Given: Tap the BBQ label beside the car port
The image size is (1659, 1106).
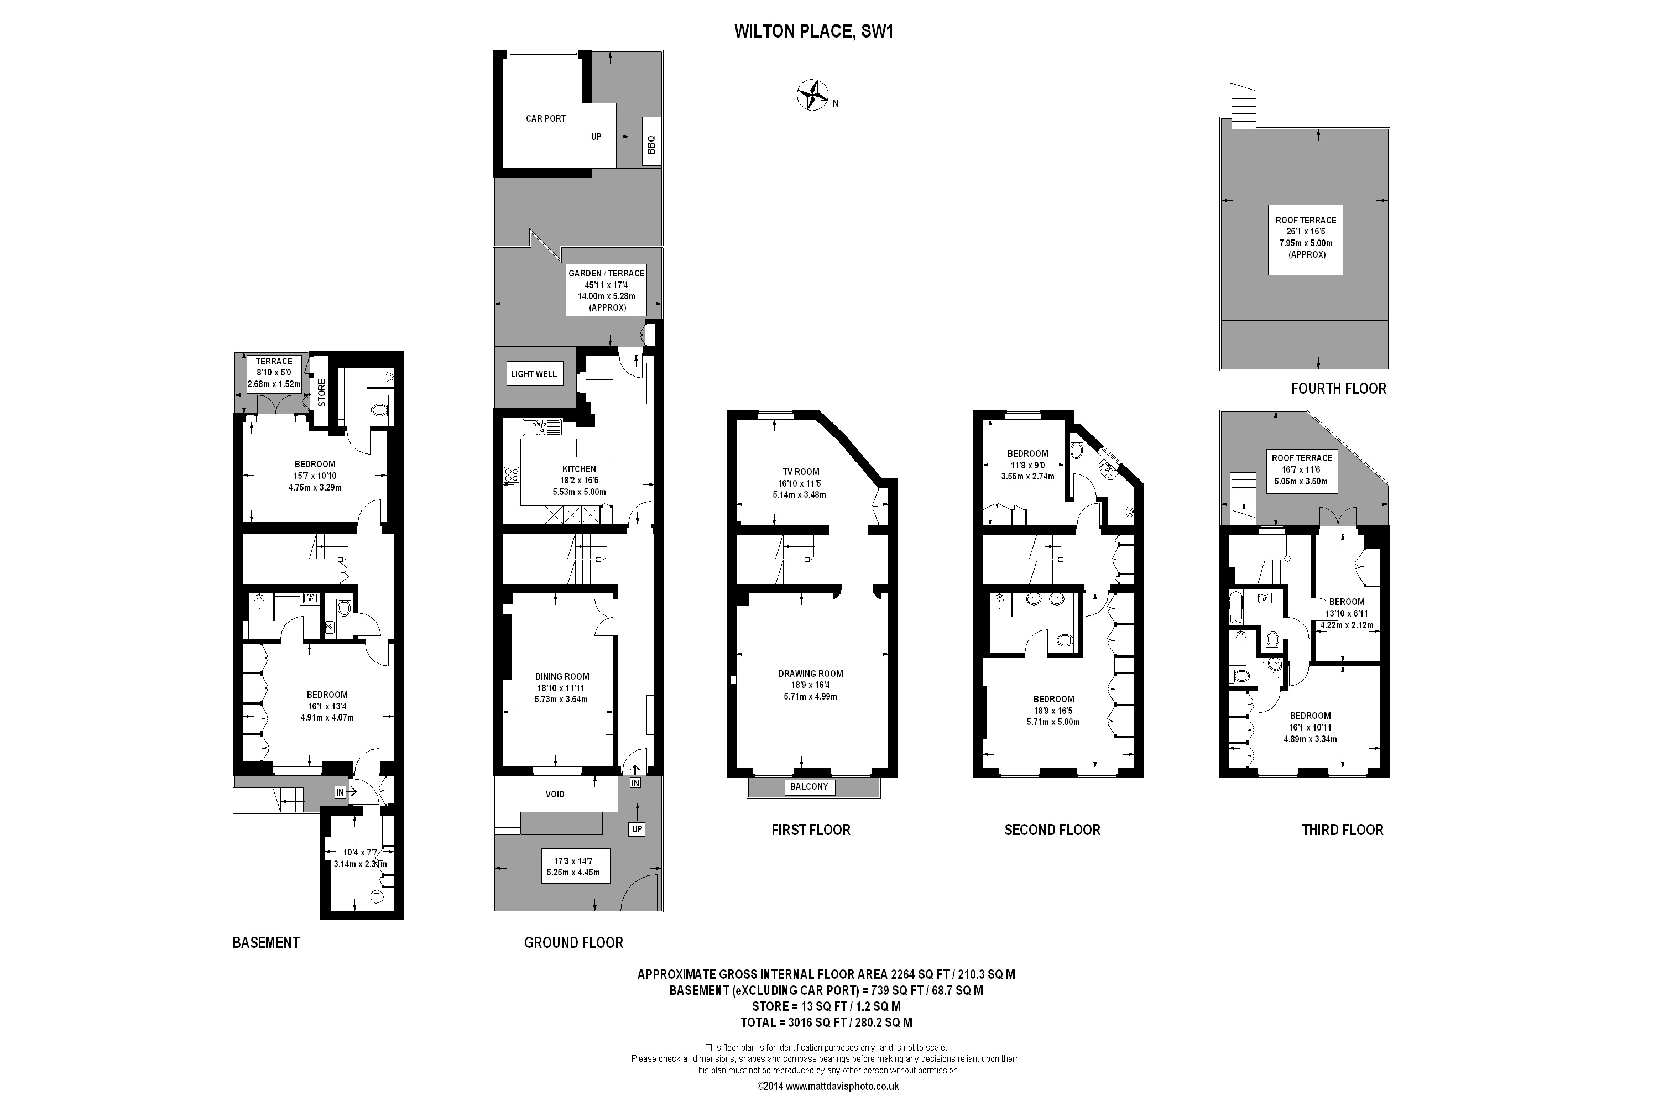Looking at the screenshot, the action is click(x=651, y=144).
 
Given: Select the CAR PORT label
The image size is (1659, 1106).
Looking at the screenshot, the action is click(x=545, y=118).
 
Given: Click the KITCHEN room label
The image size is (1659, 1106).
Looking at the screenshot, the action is click(x=579, y=469).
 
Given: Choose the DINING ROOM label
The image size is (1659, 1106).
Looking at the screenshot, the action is click(x=562, y=676).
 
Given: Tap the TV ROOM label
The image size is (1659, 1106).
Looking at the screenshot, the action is click(x=801, y=472).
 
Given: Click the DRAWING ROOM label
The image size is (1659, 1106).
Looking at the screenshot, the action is click(x=811, y=674).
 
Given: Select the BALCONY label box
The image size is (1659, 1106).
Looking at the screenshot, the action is click(x=809, y=786).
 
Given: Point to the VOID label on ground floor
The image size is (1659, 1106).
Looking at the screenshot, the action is click(x=555, y=794).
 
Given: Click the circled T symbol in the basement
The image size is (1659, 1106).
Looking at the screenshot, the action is click(x=377, y=897).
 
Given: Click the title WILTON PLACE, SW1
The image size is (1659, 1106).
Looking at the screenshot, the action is click(x=813, y=31).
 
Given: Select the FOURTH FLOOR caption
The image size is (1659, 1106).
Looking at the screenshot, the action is click(x=1338, y=389).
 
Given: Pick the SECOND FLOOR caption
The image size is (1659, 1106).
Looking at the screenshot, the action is click(x=1052, y=830).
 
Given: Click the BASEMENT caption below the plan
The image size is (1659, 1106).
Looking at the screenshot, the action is click(x=266, y=943).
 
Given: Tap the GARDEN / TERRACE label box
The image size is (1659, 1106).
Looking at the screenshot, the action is click(x=607, y=290).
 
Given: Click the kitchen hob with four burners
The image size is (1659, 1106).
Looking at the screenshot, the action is click(x=512, y=476).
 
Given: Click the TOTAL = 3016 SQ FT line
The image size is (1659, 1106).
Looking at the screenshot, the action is click(x=826, y=1022).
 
